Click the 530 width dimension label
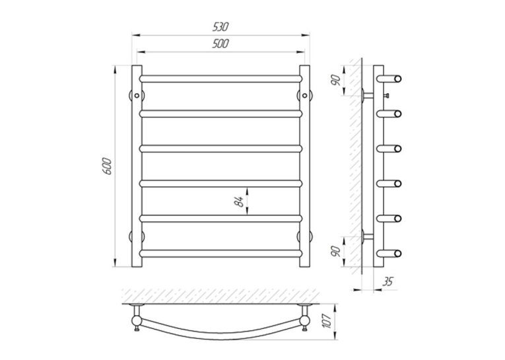coord(220,26)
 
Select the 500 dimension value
coord(220,44)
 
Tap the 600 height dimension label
coord(108,166)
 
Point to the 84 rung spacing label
coord(239,201)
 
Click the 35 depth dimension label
coord(387,281)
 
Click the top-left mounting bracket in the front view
coord(137,95)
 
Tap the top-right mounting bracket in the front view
coord(305,95)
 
